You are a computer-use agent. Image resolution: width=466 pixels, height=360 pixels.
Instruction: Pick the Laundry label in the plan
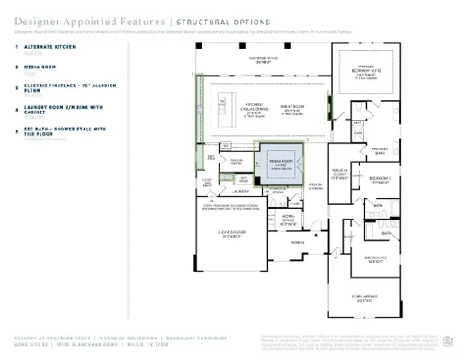pyautogui.click(x=240, y=191)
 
